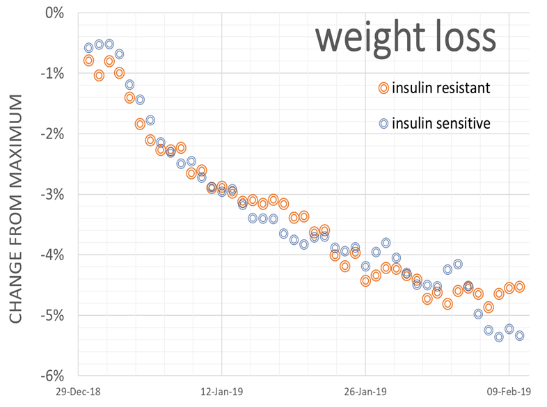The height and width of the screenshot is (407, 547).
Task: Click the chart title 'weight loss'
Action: click(x=406, y=38)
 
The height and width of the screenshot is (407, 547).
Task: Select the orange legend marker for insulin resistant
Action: click(x=383, y=88)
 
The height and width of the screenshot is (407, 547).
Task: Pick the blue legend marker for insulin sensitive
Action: click(x=383, y=124)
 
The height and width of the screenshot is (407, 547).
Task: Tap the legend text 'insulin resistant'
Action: click(x=441, y=88)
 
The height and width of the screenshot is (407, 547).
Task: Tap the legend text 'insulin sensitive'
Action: click(x=441, y=124)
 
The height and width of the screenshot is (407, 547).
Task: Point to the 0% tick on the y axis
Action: click(x=54, y=13)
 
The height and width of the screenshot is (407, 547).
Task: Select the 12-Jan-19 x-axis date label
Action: click(x=221, y=392)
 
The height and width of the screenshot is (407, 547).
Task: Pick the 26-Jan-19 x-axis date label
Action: click(x=365, y=392)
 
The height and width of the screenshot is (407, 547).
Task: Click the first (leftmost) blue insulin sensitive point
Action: click(x=88, y=48)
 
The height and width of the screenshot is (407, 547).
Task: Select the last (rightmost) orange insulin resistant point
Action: click(x=519, y=287)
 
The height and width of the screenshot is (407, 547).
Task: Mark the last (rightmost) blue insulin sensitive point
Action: click(x=519, y=335)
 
